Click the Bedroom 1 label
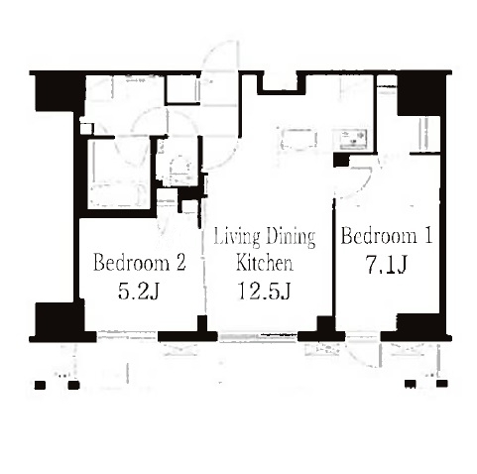point(387,236)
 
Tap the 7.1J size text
point(386,265)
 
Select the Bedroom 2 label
point(140,263)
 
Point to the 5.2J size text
point(139,292)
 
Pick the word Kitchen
point(265,263)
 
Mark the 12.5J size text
point(265,292)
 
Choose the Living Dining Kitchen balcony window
point(258,337)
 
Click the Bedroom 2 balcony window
point(127,337)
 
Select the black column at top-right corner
point(421,93)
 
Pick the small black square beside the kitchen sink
point(341,160)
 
